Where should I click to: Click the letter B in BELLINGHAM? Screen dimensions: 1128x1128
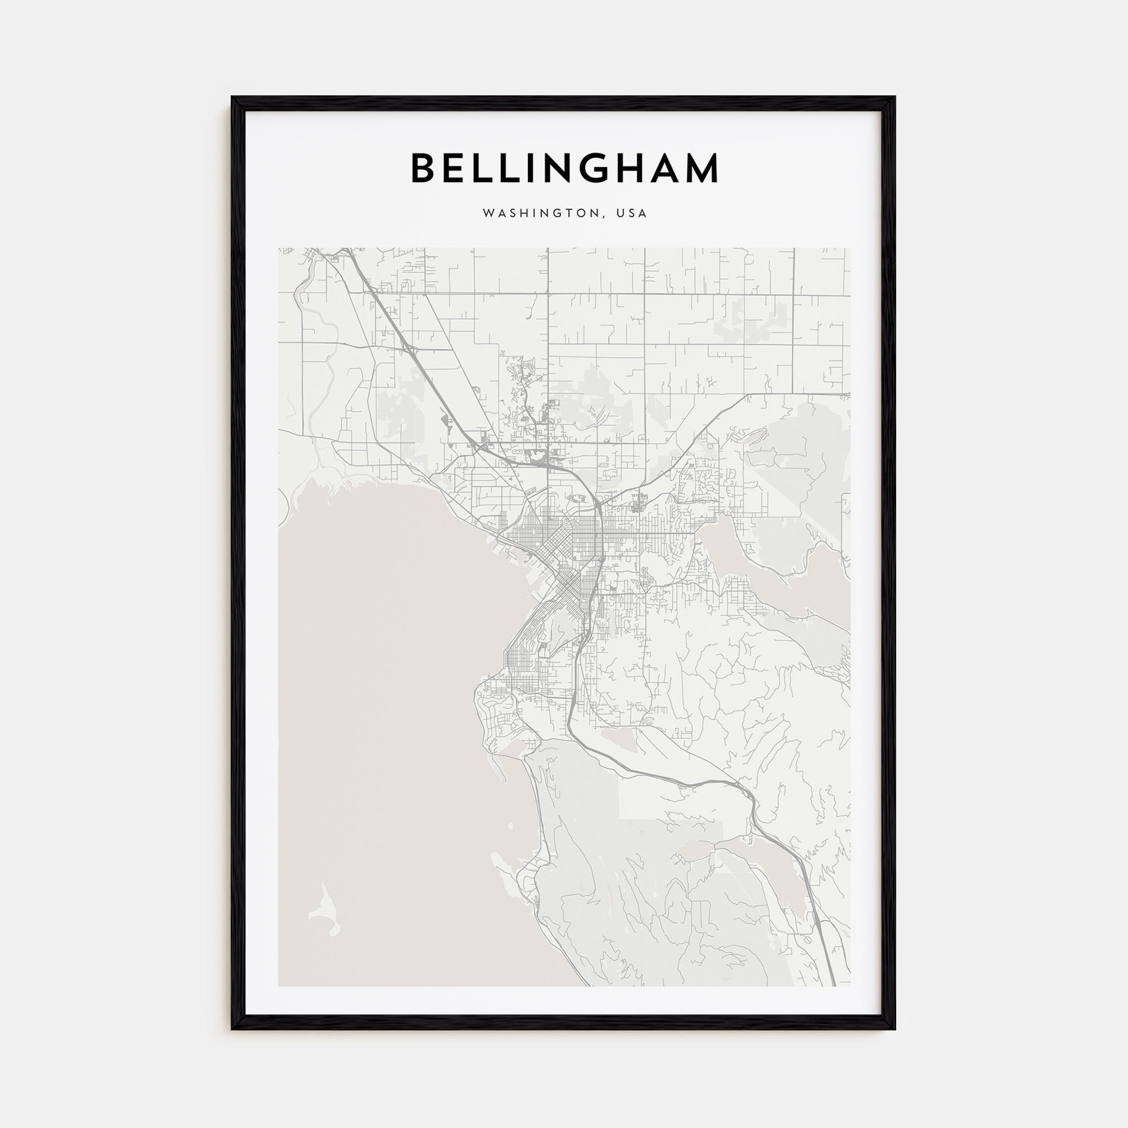(426, 168)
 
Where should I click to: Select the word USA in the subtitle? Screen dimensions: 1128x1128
(634, 214)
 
